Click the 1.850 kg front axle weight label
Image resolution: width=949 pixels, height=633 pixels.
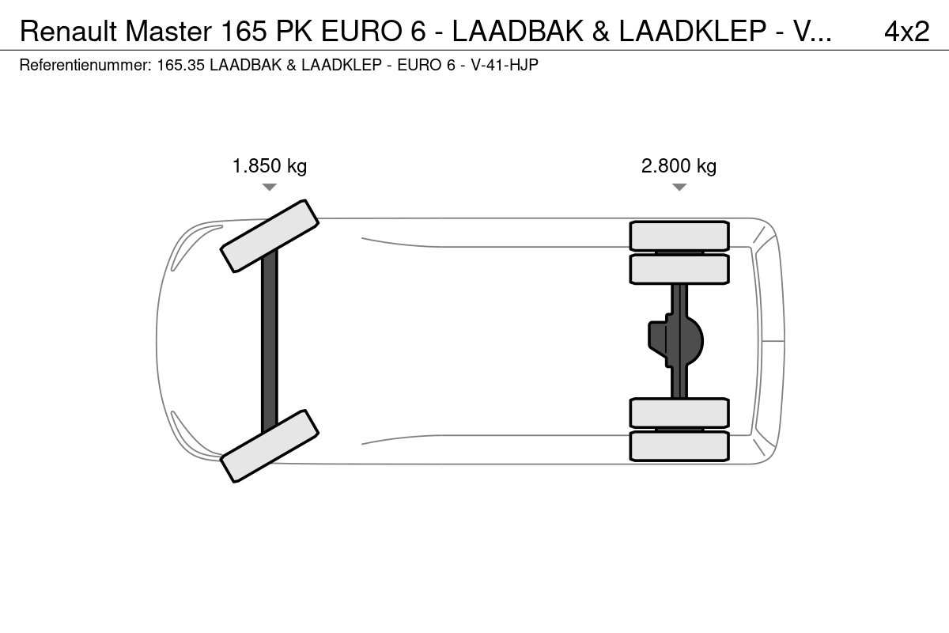pos(270,166)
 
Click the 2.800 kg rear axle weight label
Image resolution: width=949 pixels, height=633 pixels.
pos(679,166)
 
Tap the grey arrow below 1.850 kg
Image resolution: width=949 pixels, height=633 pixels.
pos(270,187)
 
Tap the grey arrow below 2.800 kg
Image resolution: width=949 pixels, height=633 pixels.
pos(679,187)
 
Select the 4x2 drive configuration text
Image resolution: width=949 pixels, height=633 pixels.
pos(906,32)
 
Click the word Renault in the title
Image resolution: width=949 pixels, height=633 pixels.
pos(68,32)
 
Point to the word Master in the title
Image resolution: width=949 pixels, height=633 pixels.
pos(168,32)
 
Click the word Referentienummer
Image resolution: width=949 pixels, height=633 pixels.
pos(85,65)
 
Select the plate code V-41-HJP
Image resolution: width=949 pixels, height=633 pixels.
pos(505,65)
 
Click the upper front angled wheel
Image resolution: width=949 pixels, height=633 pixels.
pos(270,236)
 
